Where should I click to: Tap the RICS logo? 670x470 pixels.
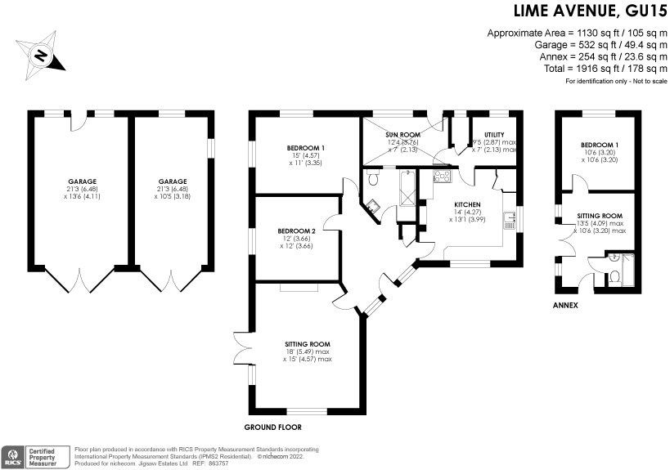14,456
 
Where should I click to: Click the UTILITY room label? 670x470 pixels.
494,135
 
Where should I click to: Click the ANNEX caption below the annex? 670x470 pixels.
564,306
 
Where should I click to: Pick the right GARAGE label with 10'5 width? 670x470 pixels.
173,181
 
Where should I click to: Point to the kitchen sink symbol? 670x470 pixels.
510,220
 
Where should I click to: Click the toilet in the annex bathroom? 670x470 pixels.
615,276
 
